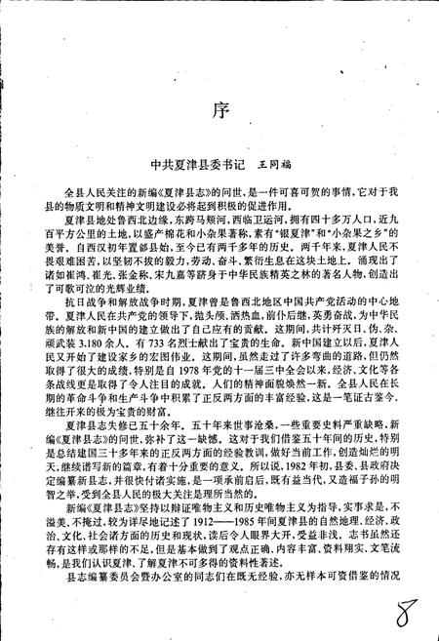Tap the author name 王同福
pyautogui.click(x=275, y=167)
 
